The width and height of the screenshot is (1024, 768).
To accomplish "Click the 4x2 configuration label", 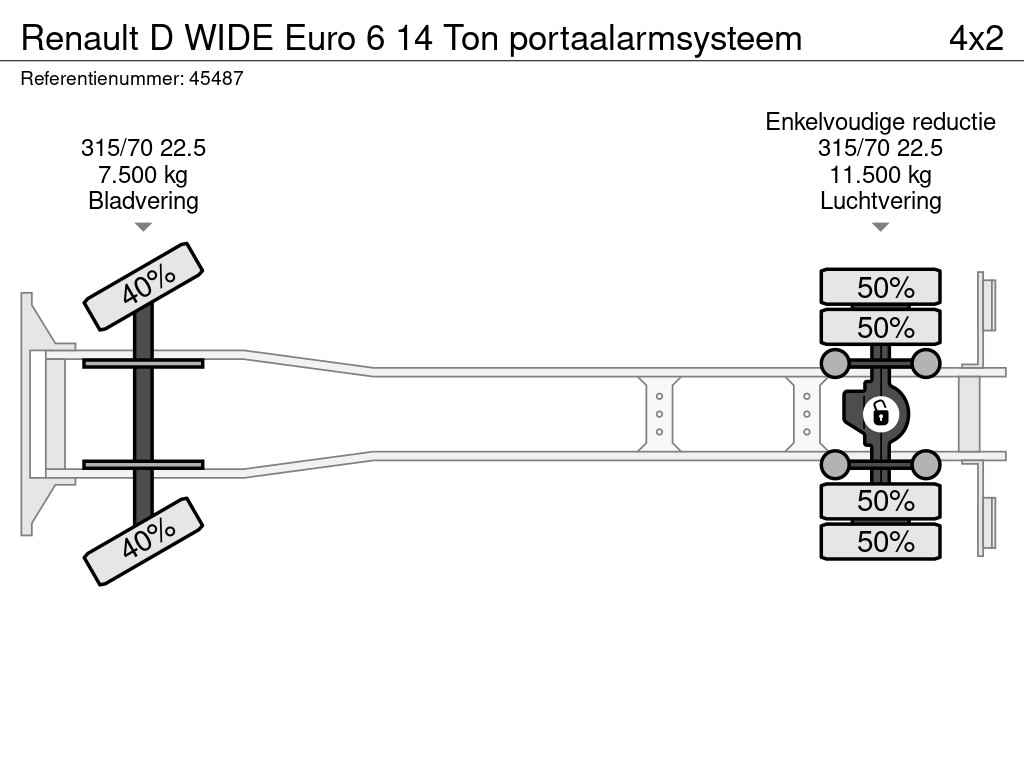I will tap(975, 38).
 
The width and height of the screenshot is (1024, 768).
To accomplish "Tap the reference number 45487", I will tap(216, 78).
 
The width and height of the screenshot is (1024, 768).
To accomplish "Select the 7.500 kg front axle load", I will tap(143, 175).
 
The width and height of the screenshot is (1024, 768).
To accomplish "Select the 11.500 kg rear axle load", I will tap(880, 175).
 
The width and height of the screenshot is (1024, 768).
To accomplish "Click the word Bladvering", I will tap(143, 201).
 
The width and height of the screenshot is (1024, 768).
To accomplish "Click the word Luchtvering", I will tap(880, 201).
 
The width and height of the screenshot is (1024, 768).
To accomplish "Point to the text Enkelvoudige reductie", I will tap(880, 122).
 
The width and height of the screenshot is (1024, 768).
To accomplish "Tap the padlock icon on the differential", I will tap(880, 412).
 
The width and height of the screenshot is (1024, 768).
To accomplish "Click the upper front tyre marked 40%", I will tap(143, 287).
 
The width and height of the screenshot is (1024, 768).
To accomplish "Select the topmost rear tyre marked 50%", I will tap(880, 287).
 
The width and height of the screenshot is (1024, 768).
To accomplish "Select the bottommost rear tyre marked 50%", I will tap(880, 542).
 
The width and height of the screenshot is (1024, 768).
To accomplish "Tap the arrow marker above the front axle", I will tap(143, 227).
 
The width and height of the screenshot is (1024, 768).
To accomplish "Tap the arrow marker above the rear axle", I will tap(880, 227).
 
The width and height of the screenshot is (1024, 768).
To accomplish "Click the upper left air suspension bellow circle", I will tap(834, 362).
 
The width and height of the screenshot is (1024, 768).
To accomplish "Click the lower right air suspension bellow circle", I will tap(926, 464).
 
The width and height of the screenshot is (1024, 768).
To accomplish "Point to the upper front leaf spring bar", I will tap(143, 363).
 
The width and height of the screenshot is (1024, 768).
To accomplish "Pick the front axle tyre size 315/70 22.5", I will tap(143, 149).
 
